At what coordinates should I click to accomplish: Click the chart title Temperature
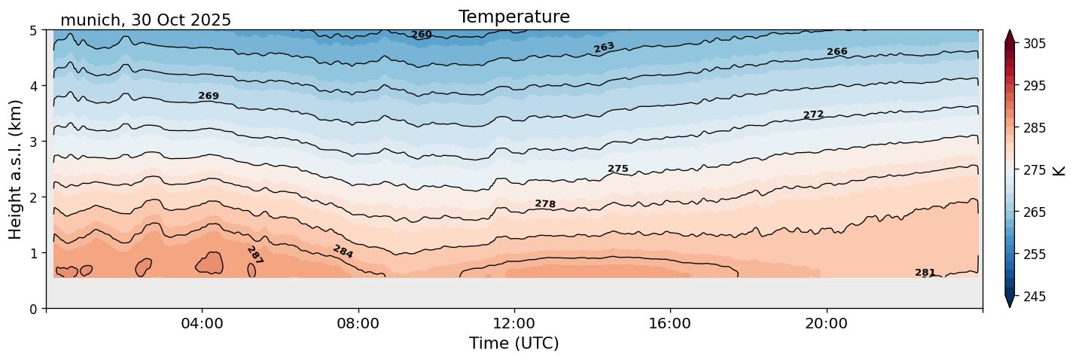coord(514,17)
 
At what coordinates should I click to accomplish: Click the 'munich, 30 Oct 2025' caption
coord(145,20)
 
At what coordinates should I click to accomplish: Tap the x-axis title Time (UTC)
coord(514,343)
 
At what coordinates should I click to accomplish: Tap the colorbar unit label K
coord(1059,170)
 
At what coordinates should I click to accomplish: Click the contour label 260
coord(422,35)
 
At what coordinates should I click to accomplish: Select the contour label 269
coord(209,96)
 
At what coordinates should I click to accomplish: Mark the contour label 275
coord(617,169)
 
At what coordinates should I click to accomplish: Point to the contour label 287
coord(255,255)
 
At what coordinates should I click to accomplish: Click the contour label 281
coord(925,273)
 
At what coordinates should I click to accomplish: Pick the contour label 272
coord(813,114)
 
